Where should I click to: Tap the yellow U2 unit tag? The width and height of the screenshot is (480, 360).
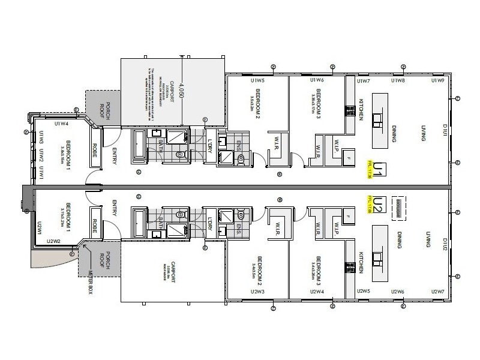click(x=378, y=204)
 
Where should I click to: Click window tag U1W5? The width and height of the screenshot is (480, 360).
click(x=257, y=80)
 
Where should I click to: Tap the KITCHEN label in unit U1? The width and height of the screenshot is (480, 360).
click(x=362, y=110)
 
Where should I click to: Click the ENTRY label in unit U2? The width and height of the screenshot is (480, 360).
click(x=114, y=209)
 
